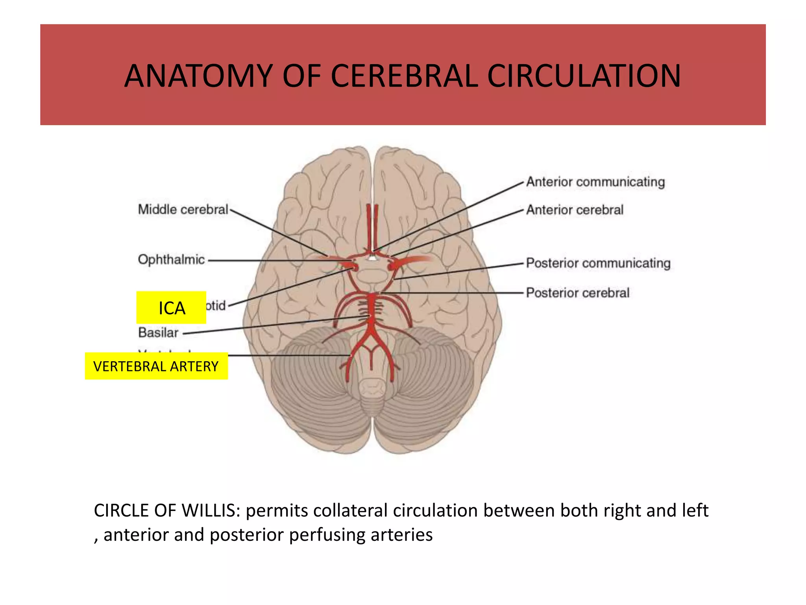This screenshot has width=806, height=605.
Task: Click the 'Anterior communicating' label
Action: (595, 182)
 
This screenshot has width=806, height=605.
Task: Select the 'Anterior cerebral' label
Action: (575, 210)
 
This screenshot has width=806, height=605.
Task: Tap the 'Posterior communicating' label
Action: (598, 263)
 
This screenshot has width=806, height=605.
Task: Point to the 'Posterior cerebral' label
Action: (577, 293)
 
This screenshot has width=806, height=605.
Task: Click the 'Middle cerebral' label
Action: (183, 210)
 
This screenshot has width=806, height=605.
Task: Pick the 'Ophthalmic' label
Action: (171, 260)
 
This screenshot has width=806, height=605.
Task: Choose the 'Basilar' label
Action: (158, 333)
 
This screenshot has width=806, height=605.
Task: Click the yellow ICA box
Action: (171, 308)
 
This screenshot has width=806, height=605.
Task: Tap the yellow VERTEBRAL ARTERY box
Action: (156, 366)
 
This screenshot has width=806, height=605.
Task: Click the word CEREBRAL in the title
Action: (404, 76)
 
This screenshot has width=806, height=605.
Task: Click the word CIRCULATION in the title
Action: (584, 76)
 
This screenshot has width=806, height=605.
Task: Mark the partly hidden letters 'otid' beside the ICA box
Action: (216, 306)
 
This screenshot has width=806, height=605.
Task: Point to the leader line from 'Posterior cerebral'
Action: (453, 293)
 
